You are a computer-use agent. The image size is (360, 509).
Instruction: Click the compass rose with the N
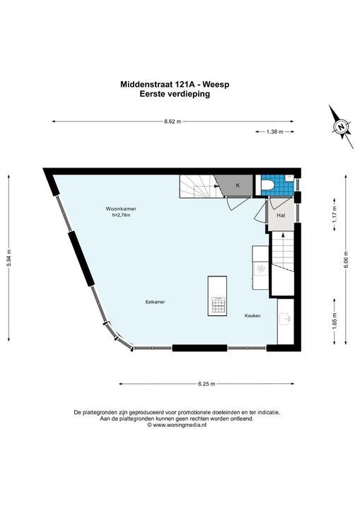tap(342, 127)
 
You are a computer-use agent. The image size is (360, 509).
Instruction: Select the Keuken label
tap(252, 315)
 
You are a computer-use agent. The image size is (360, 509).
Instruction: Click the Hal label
tap(281, 215)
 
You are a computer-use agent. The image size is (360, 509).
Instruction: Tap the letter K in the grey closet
tap(238, 185)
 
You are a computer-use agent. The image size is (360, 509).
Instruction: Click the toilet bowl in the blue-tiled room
tap(267, 186)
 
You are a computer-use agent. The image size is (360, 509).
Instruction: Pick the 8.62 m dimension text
tap(172, 122)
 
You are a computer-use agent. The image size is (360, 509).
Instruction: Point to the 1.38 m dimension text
tap(274, 132)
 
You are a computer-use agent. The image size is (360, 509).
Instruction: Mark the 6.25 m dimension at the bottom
tap(207, 384)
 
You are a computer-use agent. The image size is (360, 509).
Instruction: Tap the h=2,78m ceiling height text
tap(121, 216)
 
